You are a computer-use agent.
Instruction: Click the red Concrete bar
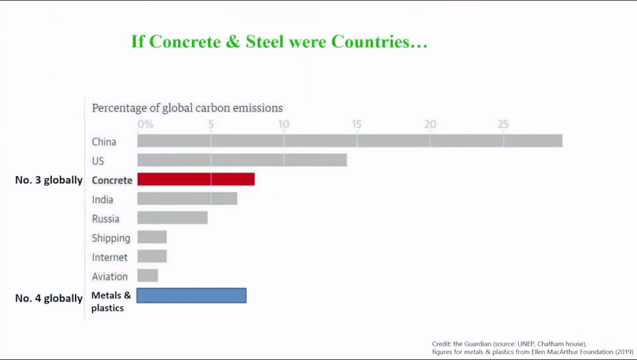pyautogui.click(x=195, y=179)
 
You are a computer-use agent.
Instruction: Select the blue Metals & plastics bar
pyautogui.click(x=191, y=296)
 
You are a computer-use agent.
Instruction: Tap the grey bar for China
pyautogui.click(x=350, y=141)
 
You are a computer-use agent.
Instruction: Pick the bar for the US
pyautogui.click(x=242, y=160)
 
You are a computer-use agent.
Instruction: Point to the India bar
pyautogui.click(x=187, y=199)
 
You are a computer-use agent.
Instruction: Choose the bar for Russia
pyautogui.click(x=172, y=218)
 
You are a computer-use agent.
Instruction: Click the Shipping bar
pyautogui.click(x=152, y=237)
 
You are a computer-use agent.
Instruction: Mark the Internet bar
pyautogui.click(x=152, y=257)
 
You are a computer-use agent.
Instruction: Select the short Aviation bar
pyautogui.click(x=148, y=276)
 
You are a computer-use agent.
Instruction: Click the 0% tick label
pyautogui.click(x=145, y=124)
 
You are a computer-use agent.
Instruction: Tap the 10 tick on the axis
pyautogui.click(x=284, y=124)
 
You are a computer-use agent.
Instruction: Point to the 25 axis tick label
pyautogui.click(x=503, y=124)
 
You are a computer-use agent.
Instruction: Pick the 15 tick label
pyautogui.click(x=357, y=124)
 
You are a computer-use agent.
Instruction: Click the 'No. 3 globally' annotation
pyautogui.click(x=48, y=180)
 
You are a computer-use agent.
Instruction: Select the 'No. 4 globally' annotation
pyautogui.click(x=48, y=298)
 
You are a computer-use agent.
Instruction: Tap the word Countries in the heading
pyautogui.click(x=379, y=42)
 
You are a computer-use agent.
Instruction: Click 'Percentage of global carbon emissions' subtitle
pyautogui.click(x=187, y=108)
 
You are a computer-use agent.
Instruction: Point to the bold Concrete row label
pyautogui.click(x=112, y=180)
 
